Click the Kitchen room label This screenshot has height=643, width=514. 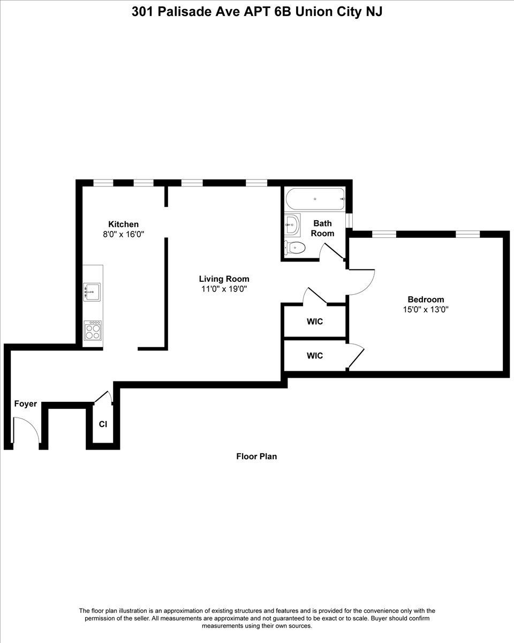tap(123, 224)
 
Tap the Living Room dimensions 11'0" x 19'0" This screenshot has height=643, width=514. tap(224, 289)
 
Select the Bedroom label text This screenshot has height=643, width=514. tap(426, 300)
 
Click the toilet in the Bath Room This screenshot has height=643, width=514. tap(295, 248)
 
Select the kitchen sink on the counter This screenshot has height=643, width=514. tap(92, 292)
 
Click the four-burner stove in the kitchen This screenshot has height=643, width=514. tap(93, 331)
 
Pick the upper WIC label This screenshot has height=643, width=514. tap(315, 322)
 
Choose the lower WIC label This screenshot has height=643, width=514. tap(315, 356)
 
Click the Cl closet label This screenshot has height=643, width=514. tap(103, 424)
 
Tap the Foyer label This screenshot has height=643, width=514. tap(25, 403)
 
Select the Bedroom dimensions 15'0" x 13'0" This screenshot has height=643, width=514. tap(426, 310)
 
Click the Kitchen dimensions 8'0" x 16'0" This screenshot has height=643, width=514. tap(123, 234)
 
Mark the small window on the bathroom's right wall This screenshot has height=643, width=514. tap(349, 221)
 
